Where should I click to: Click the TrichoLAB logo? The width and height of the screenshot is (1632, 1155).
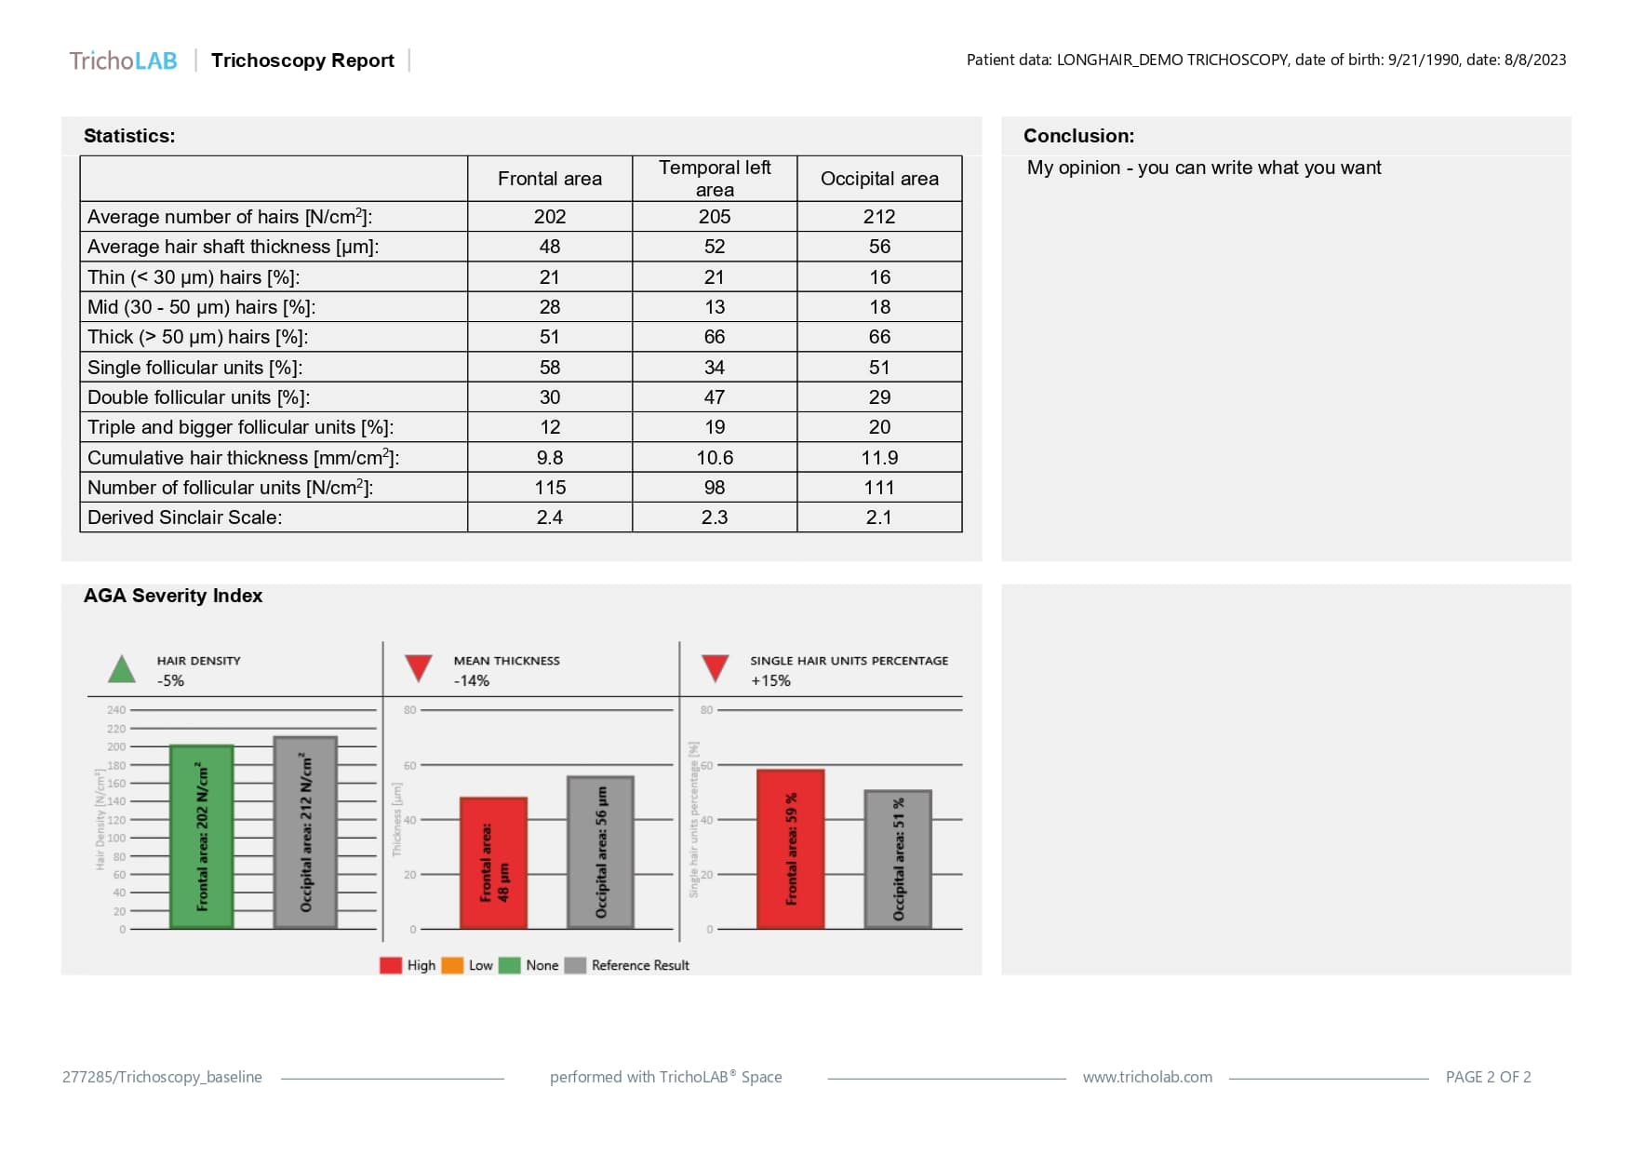pyautogui.click(x=123, y=60)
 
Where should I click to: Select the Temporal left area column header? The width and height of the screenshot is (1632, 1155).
pyautogui.click(x=715, y=178)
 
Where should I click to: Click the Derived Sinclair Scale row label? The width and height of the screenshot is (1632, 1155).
pyautogui.click(x=184, y=517)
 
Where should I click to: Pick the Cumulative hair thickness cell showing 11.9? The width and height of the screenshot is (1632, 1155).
pyautogui.click(x=879, y=458)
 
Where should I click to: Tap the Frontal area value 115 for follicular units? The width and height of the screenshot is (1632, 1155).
pyautogui.click(x=550, y=488)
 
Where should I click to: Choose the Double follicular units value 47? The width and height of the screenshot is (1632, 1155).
pyautogui.click(x=715, y=397)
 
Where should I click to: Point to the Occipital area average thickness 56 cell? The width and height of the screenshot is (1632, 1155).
pyautogui.click(x=879, y=247)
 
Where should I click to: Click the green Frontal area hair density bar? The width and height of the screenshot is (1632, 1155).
pyautogui.click(x=202, y=837)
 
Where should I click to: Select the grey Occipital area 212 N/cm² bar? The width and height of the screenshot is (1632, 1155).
pyautogui.click(x=305, y=833)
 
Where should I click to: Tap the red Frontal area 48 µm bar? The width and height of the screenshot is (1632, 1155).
pyautogui.click(x=493, y=863)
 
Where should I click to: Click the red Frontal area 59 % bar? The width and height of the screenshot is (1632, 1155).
pyautogui.click(x=790, y=849)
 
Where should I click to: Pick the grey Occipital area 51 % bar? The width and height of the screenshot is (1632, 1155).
pyautogui.click(x=898, y=859)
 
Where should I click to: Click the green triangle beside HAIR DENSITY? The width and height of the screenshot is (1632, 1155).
pyautogui.click(x=122, y=669)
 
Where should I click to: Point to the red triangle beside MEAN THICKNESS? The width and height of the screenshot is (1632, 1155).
pyautogui.click(x=419, y=667)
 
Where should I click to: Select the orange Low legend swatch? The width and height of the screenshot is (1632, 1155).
pyautogui.click(x=452, y=965)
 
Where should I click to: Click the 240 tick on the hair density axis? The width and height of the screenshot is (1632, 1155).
pyautogui.click(x=116, y=710)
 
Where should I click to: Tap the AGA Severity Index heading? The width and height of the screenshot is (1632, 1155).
pyautogui.click(x=173, y=596)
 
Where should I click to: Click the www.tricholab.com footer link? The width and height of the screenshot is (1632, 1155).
pyautogui.click(x=1147, y=1077)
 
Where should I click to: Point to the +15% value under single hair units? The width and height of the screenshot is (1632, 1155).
pyautogui.click(x=770, y=680)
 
